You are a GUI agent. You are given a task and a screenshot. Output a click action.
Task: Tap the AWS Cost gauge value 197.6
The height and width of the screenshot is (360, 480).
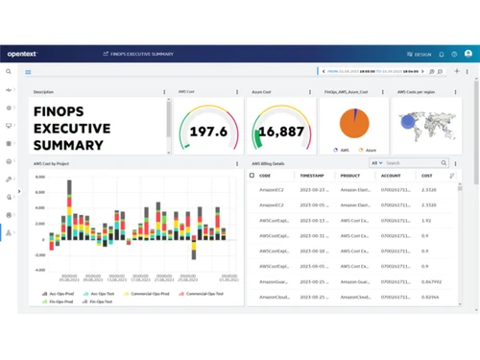point(209,132)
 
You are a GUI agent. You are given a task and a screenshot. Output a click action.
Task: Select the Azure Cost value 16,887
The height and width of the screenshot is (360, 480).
point(281,132)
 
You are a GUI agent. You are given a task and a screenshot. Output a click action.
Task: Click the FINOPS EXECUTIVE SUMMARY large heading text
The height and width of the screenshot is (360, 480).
point(72,129)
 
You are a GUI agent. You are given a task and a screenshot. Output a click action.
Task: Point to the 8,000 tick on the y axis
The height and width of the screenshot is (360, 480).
point(40,178)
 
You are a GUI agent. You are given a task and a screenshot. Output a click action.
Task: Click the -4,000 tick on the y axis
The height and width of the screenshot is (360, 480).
point(40,270)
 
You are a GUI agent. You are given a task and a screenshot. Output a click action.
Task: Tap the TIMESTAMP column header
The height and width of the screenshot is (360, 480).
point(311,176)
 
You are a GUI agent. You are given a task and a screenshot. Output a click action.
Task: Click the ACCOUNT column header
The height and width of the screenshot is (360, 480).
point(391,176)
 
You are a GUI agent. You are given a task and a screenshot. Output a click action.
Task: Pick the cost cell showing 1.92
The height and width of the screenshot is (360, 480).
point(426,221)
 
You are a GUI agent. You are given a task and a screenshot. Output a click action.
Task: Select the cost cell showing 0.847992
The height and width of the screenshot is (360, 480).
point(431,282)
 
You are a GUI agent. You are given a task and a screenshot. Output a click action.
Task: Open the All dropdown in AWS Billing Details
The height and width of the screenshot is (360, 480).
point(376,163)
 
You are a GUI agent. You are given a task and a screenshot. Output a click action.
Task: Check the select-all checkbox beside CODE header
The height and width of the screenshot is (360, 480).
point(252,176)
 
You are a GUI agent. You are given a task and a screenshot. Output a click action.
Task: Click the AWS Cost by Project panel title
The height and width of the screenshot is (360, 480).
point(51,163)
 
